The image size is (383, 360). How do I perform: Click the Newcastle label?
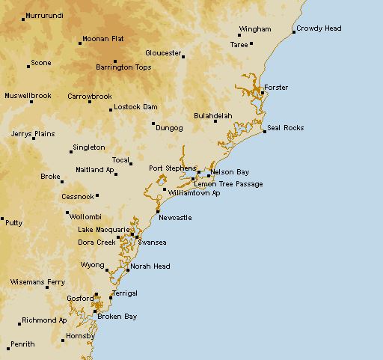(176, 218)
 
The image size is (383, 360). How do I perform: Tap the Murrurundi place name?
(44, 16)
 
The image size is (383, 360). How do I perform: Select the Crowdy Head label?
(319, 28)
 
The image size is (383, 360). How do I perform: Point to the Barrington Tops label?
(123, 67)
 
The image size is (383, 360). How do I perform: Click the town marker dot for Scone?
(28, 67)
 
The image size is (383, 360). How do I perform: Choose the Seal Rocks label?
(285, 128)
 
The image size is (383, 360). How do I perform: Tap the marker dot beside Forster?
(263, 94)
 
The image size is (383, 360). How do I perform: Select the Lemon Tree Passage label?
(228, 183)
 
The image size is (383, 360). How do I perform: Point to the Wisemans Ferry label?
(37, 282)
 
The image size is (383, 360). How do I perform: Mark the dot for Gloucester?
(183, 56)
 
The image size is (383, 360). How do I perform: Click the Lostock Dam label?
(135, 107)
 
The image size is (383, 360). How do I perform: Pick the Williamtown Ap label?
(194, 192)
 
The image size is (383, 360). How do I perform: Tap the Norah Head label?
(150, 266)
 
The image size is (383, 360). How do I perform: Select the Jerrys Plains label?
(33, 134)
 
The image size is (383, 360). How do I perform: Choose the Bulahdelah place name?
(212, 116)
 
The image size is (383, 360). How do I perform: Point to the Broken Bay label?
(117, 317)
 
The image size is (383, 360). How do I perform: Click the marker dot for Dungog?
(153, 123)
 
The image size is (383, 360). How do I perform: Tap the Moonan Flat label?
(103, 38)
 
